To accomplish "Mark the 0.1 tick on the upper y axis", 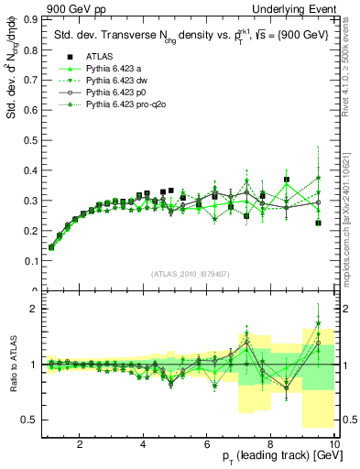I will (x=31, y=261).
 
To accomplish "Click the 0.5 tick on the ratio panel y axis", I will (x=31, y=420).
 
